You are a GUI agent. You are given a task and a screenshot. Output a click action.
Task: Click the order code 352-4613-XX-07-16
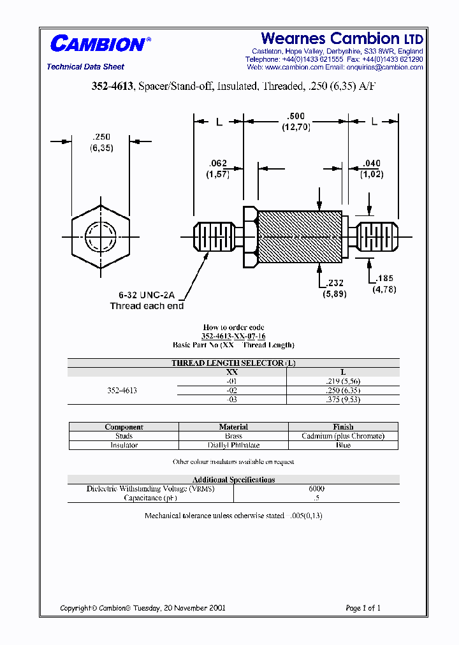(x=233, y=336)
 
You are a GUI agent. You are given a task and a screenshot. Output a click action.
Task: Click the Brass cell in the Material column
(x=233, y=436)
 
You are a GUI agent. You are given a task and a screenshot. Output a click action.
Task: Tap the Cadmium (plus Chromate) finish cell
(x=343, y=436)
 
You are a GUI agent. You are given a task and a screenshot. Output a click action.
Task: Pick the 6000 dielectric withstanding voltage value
(x=316, y=489)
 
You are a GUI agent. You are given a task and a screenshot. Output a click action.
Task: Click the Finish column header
(x=343, y=427)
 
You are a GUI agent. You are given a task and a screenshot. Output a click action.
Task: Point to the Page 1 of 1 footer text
(x=363, y=608)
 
